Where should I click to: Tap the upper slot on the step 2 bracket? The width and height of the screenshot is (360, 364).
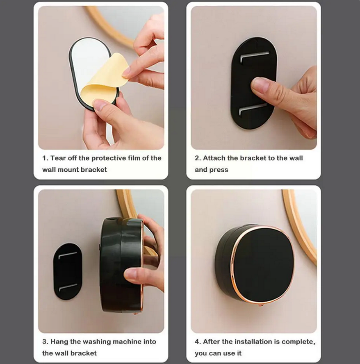(x=255, y=56)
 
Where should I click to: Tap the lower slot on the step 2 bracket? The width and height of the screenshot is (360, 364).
(x=253, y=109)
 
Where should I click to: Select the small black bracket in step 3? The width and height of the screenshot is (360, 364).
(x=68, y=271)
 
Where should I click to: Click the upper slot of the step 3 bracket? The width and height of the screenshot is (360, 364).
(x=68, y=255)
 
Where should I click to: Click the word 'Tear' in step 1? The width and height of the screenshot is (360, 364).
(x=58, y=158)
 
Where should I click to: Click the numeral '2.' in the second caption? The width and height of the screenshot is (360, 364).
(x=198, y=158)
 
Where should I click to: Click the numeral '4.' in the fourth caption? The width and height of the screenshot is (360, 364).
(x=198, y=342)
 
